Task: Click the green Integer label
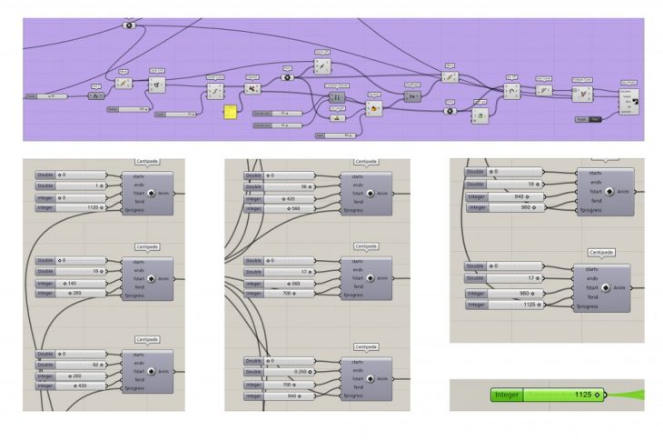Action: pos(508,396)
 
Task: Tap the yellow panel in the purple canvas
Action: pos(232,113)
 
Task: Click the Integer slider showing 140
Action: pos(81,284)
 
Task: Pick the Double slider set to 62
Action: pos(81,365)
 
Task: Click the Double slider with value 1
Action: pos(81,185)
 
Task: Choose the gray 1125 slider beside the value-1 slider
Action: pos(81,208)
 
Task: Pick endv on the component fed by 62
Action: pos(134,363)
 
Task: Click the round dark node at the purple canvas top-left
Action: pos(127,25)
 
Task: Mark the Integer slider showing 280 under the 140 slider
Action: pos(81,294)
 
